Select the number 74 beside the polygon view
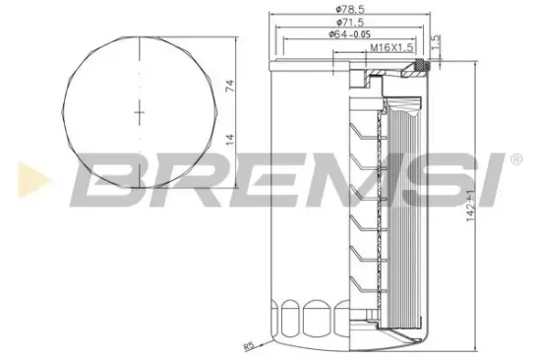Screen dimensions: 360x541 tap(228, 87)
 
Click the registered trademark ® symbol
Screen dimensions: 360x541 tap(514, 158)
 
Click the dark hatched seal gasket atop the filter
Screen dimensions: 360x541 tap(420, 68)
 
